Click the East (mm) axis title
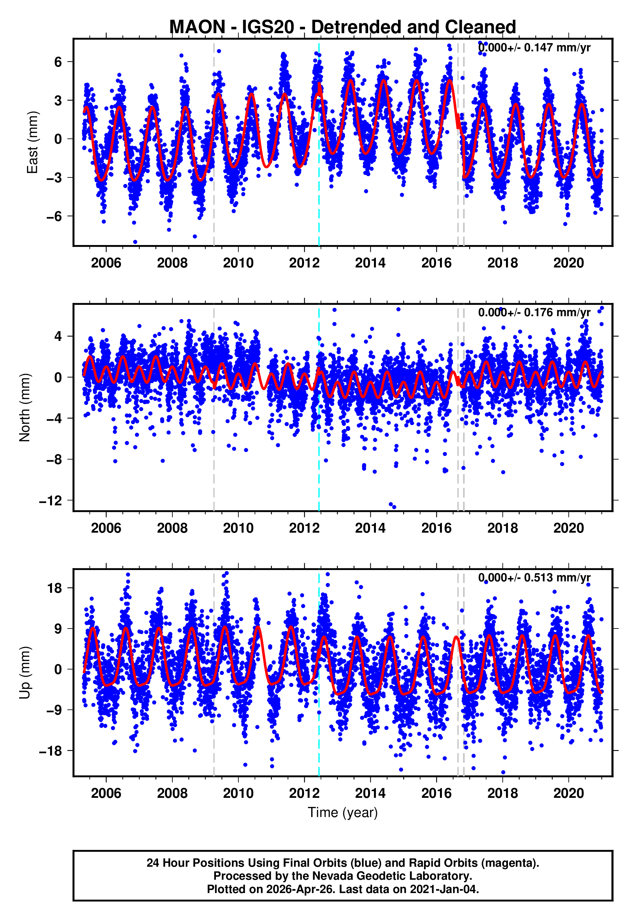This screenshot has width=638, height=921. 33,142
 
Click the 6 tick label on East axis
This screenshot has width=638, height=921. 58,62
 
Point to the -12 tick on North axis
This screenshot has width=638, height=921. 51,500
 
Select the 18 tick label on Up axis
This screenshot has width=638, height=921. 54,588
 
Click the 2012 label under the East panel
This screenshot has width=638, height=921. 304,263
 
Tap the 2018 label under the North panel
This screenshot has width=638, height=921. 502,528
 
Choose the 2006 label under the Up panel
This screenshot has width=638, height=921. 106,793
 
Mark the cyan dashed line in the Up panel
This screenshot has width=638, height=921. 319,719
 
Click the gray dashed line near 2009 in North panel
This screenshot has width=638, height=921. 214,459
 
